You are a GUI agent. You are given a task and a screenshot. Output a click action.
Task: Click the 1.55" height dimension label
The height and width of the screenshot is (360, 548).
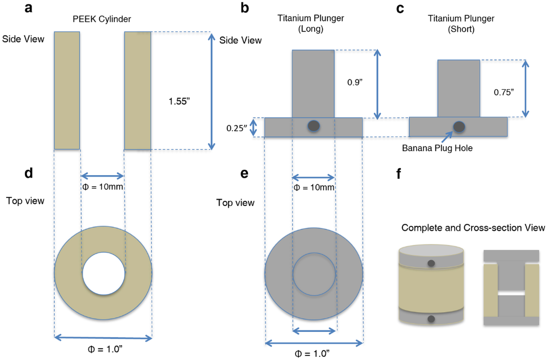[x=179, y=101]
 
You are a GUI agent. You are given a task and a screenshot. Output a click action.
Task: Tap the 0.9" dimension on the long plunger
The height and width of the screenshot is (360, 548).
[x=354, y=82]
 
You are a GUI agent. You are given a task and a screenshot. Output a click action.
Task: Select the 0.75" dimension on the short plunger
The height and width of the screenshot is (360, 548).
[x=503, y=92]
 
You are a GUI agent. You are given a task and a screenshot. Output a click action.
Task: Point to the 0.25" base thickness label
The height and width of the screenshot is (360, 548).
[x=236, y=128]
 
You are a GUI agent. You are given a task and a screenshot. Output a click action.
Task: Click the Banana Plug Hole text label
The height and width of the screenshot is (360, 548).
[x=437, y=148]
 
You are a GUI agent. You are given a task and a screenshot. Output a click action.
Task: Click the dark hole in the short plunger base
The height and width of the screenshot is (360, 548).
[x=459, y=127]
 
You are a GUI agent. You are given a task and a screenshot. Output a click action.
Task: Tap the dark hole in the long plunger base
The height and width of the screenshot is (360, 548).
[x=313, y=126]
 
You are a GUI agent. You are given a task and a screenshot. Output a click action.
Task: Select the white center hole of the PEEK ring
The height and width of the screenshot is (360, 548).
[x=104, y=273]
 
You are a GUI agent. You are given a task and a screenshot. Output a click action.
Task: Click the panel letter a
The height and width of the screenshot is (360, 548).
[x=28, y=8]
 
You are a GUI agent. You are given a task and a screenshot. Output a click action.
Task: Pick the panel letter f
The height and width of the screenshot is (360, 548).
[x=399, y=174]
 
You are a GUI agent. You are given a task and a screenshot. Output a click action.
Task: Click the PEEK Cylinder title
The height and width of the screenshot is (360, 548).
[x=102, y=19]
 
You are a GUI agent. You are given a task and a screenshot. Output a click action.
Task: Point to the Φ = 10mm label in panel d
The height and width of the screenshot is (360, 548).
[x=103, y=187]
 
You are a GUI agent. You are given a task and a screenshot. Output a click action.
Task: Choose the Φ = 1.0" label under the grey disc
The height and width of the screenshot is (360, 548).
[x=312, y=354]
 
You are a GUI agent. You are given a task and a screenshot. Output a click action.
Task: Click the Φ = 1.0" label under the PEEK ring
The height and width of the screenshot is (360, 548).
[x=105, y=349]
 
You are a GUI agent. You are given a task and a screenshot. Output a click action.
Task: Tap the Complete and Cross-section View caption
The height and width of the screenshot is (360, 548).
[x=473, y=228]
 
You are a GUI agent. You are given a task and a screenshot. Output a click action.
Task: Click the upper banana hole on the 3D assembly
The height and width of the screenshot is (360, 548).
[x=431, y=263]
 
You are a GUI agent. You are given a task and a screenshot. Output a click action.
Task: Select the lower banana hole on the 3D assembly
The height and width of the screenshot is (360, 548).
[x=431, y=319]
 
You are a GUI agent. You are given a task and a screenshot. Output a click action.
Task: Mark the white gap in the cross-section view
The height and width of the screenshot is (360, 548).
[x=511, y=293]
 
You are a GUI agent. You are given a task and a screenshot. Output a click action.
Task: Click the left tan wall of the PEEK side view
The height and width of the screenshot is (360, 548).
[x=67, y=90]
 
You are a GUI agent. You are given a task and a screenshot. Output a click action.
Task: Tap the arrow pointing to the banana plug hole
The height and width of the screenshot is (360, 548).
[x=447, y=137]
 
